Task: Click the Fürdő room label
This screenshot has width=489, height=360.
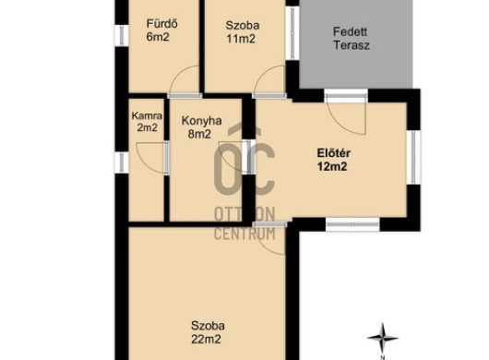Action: (x=162, y=24)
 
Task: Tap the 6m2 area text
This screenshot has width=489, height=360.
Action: (x=158, y=37)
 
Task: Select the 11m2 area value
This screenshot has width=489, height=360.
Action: (x=241, y=39)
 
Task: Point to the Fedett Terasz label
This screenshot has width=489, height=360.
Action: (x=352, y=39)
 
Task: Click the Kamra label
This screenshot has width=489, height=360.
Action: (x=147, y=116)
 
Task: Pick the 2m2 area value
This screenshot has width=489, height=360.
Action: (x=148, y=127)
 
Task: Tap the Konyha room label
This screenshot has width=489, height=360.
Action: (x=202, y=121)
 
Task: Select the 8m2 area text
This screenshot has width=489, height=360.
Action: (x=199, y=134)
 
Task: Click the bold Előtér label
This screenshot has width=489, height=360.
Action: (x=334, y=153)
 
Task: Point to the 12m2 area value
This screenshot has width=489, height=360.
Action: (x=332, y=166)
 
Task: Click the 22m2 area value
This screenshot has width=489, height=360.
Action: (x=206, y=339)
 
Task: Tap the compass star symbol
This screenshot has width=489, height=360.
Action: (x=383, y=338)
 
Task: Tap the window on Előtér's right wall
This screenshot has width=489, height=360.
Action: (x=413, y=157)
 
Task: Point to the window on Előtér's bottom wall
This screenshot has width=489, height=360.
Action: (x=352, y=224)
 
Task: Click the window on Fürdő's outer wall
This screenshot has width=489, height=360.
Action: (x=122, y=36)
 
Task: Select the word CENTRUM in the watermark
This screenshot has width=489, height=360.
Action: (x=244, y=234)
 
